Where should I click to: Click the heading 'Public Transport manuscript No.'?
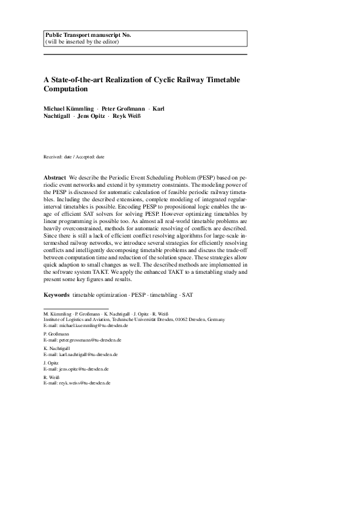(88, 35)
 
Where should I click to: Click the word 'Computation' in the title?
(66, 89)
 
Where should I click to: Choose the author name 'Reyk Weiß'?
(126, 117)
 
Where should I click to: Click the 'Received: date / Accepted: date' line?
(74, 157)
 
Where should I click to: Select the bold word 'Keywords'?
(56, 294)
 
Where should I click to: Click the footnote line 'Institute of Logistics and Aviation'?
(134, 320)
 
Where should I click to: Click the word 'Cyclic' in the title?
(161, 79)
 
